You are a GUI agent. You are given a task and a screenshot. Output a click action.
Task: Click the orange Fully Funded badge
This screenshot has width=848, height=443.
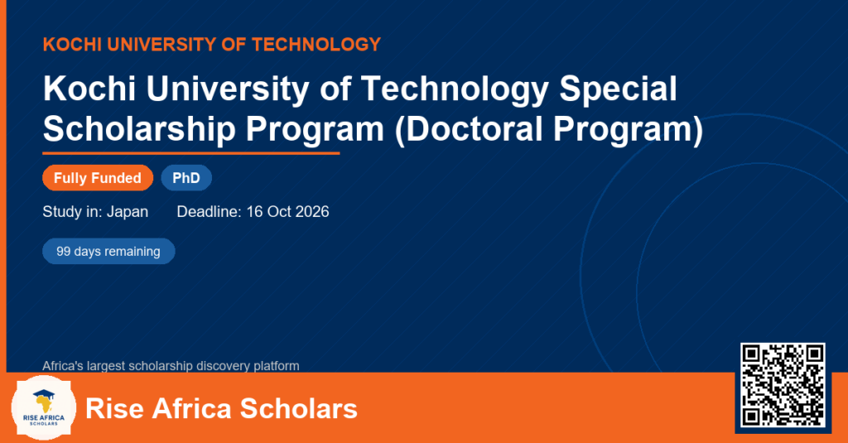coord(98,178)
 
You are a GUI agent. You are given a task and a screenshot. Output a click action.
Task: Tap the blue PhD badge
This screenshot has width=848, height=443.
coord(186,178)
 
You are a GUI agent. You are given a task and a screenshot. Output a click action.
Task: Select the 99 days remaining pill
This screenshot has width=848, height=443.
coord(108,252)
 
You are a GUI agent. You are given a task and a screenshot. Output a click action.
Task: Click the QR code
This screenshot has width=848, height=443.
coord(783,385)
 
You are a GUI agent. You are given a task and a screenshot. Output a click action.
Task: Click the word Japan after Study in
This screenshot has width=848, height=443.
coord(128,211)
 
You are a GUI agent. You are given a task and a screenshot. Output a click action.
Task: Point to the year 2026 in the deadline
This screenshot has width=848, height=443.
coord(312,211)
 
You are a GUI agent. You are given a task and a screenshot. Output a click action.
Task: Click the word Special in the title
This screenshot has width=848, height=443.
coord(618,88)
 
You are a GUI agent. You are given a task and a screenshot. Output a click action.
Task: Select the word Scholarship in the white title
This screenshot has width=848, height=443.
coord(139,129)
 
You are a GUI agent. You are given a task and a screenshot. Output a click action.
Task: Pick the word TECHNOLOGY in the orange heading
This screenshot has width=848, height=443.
coord(316,45)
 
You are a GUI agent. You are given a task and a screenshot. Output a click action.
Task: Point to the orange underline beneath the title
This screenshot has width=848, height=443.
coord(191,154)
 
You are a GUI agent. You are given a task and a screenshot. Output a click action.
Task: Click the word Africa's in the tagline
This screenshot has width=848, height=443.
coord(63,366)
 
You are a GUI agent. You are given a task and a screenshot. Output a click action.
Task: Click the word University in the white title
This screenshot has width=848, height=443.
coord(227,88)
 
